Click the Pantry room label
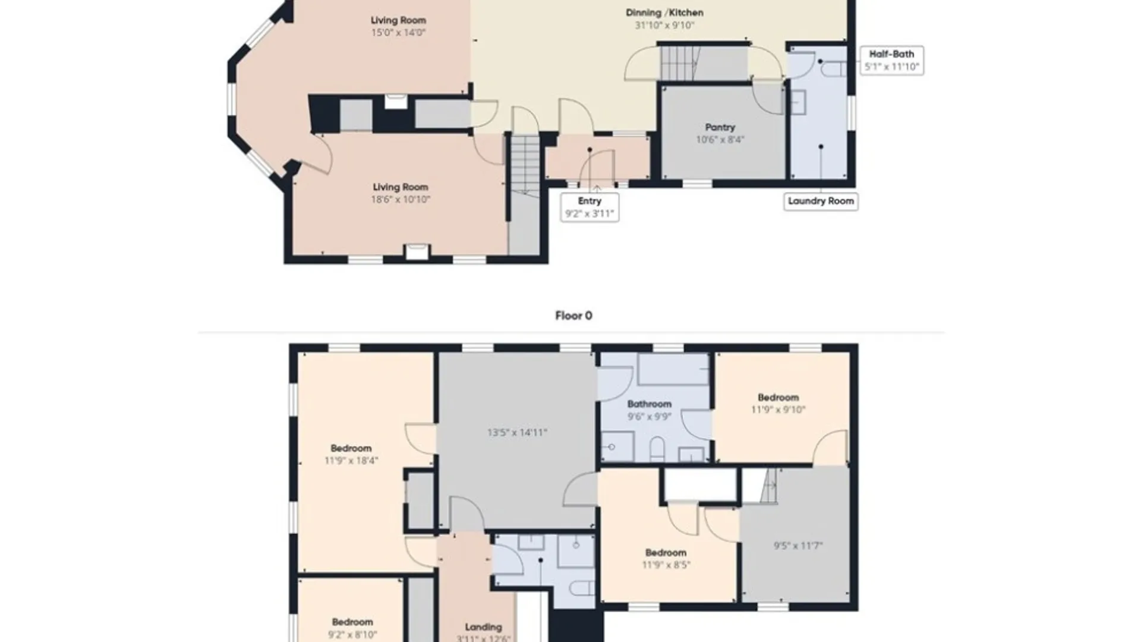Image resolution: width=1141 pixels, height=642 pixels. pos(720,127)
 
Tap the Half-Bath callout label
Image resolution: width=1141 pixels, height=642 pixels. pos(891,60)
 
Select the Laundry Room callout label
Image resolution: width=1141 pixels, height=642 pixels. pos(821,202)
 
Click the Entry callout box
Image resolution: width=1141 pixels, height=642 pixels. pos(590,207)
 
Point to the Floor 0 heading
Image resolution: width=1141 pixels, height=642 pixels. pos(573,316)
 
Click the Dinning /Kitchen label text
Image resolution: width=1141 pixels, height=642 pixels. pos(664,12)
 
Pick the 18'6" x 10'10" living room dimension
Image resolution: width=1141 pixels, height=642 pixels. pos(401,200)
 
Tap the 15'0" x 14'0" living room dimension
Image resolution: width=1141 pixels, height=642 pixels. pos(398,33)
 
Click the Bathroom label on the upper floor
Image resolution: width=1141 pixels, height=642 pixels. pos(650,404)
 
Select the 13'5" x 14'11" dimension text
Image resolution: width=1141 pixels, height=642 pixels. pos(517,433)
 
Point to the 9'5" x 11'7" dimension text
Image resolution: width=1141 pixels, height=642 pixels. pos(798,546)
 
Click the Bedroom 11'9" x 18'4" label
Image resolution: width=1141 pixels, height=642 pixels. pos(351,454)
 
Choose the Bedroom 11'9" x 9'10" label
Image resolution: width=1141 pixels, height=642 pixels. pos(778,403)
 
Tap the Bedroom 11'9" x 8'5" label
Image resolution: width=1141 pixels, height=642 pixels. pos(666,559)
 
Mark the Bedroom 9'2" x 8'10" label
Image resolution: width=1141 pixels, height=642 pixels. pos(352,628)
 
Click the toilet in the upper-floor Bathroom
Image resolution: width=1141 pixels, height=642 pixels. pos(657,449)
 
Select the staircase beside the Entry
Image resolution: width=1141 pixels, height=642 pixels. pos(525,165)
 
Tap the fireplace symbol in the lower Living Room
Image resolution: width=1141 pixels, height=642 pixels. pos(417,251)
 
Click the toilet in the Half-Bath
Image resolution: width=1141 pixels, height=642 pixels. pos(834,70)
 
